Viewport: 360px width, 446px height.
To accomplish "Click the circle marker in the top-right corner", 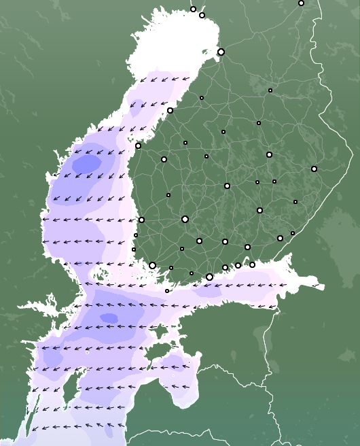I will click(x=302, y=3).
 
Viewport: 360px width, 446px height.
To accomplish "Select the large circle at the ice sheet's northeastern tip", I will click(x=221, y=52).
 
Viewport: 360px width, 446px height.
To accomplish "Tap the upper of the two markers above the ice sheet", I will click(x=193, y=9).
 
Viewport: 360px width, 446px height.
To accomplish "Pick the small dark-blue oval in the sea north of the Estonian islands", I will click(x=109, y=318).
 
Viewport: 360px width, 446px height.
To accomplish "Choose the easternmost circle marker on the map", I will click(x=314, y=169).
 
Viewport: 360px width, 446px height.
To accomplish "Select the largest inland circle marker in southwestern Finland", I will click(x=185, y=219).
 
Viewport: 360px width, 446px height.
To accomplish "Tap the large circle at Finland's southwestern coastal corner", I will click(x=153, y=265).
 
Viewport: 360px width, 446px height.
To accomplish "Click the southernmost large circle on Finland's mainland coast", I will click(x=209, y=277).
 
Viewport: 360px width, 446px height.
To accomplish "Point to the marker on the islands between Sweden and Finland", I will click(x=167, y=290).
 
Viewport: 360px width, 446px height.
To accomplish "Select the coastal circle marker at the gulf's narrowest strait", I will click(x=141, y=220).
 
